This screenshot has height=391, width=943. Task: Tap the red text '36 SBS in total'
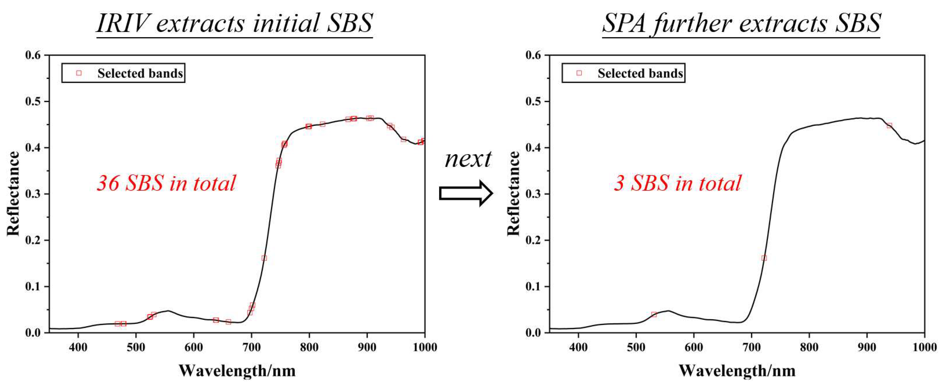point(166,183)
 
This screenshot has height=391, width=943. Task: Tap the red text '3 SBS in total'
point(677,183)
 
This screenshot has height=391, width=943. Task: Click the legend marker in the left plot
point(79,73)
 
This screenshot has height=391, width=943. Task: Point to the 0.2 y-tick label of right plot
point(533,240)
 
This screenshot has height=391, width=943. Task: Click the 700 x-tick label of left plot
point(252,347)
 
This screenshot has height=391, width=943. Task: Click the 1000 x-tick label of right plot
point(925,347)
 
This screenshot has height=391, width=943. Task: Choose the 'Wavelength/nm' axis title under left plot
point(237,371)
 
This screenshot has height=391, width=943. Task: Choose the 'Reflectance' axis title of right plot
point(513,193)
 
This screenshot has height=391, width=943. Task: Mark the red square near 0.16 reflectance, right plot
point(764,258)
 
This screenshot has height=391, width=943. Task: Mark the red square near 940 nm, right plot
point(889,126)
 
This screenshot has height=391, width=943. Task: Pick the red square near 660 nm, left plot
point(228,322)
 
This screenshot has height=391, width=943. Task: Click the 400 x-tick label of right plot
point(578,347)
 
